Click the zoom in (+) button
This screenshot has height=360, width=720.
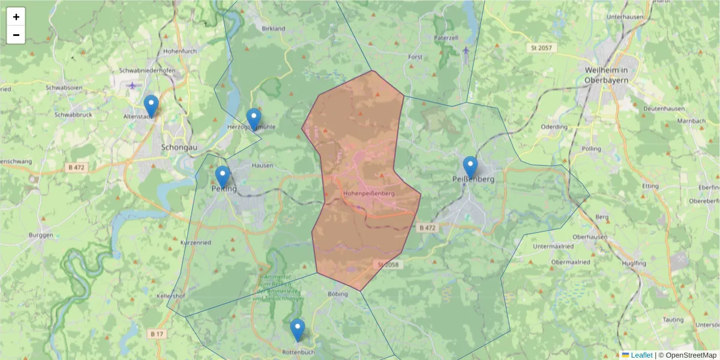pos(16,17)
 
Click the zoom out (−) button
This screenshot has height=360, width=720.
pos(16,35)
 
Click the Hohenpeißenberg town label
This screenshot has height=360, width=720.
pos(369,194)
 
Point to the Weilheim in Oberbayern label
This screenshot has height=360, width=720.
pos(606,75)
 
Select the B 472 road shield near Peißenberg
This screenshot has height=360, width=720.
pos(427,228)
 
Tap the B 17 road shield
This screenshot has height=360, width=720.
pos(157,334)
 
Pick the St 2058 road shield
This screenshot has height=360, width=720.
pos(388,265)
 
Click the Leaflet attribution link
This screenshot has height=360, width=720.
pos(641,355)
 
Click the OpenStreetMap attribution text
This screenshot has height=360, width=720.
pos(687,355)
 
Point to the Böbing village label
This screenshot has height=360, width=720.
pos(338,294)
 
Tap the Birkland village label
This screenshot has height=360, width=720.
pos(274,28)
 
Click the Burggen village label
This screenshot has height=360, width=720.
pos(41,235)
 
